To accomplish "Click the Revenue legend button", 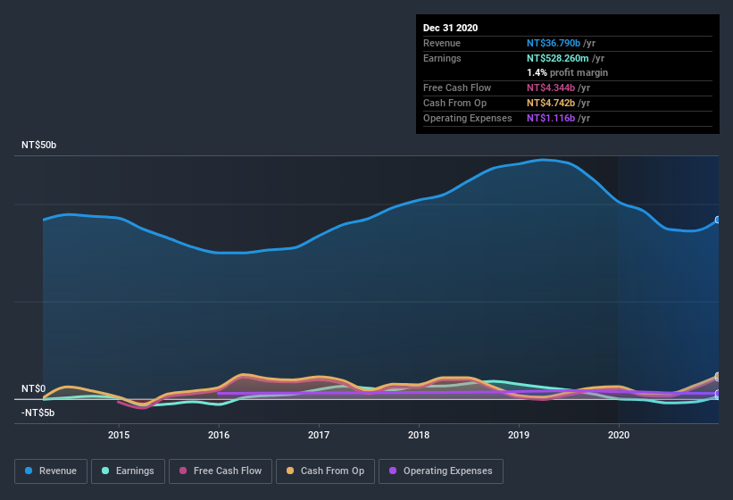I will click(x=51, y=471).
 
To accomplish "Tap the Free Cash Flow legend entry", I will click(x=221, y=471).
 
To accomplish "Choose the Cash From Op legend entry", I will click(x=324, y=471).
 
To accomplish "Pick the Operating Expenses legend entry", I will click(x=441, y=471).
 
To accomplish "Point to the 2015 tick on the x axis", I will click(x=119, y=435).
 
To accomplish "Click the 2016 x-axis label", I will click(x=219, y=435).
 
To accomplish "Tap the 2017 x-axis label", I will click(x=319, y=435).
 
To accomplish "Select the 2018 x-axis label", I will click(x=419, y=435).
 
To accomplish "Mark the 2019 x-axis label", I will click(x=519, y=435).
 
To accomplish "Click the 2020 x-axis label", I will click(x=619, y=435).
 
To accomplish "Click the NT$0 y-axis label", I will click(x=33, y=389).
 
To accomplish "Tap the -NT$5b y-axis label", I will click(x=38, y=412).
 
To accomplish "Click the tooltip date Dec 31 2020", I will click(x=450, y=28).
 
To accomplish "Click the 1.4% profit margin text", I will click(x=567, y=72).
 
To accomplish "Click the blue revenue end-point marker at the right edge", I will click(x=718, y=220).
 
